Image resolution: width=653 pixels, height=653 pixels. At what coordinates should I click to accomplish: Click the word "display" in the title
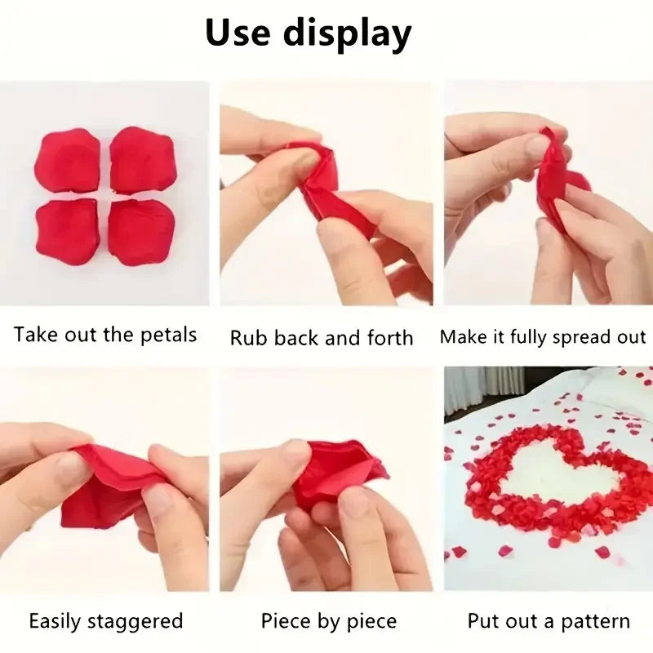point(347,35)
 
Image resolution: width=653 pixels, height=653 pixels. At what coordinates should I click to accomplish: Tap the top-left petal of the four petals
point(67,161)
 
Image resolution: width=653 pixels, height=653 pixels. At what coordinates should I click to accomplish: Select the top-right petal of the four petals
point(143,160)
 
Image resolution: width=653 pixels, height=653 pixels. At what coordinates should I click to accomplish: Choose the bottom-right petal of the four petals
point(142,232)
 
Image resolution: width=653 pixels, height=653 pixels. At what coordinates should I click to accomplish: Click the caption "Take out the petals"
point(105,335)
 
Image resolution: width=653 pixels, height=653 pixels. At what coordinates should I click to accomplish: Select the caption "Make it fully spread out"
point(543,337)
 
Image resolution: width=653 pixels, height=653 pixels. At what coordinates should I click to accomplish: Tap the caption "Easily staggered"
point(106,621)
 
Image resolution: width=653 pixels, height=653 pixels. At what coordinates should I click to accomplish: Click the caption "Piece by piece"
point(329,621)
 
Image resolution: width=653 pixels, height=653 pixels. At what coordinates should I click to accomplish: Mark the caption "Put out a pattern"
point(549,621)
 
